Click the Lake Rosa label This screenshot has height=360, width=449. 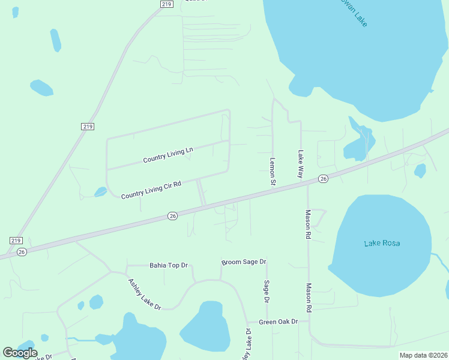[x=382, y=243]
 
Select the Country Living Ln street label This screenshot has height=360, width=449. [x=168, y=155]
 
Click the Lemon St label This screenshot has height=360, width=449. [x=272, y=171]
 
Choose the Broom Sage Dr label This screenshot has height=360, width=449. [x=244, y=262]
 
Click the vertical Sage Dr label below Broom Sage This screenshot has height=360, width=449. [x=267, y=291]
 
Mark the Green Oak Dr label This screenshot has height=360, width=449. [x=278, y=322]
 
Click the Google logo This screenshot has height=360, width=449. [x=20, y=352]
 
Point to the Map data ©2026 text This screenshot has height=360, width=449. [x=423, y=355]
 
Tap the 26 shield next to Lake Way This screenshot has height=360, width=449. [x=323, y=179]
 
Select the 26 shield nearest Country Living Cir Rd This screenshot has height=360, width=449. [x=172, y=216]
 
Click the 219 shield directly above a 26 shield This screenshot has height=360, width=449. [x=16, y=240]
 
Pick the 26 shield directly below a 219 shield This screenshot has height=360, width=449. [x=22, y=251]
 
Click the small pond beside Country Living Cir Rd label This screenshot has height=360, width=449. [x=100, y=192]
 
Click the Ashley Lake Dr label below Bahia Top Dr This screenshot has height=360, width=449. [x=144, y=294]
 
